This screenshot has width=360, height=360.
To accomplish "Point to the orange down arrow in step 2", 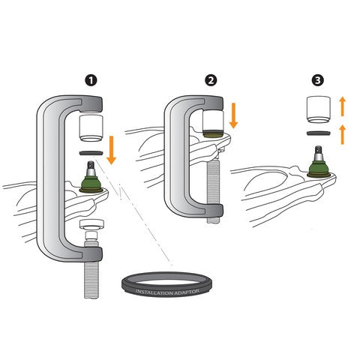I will point(232,115).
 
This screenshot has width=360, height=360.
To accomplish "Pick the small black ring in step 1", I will point(91,152).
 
